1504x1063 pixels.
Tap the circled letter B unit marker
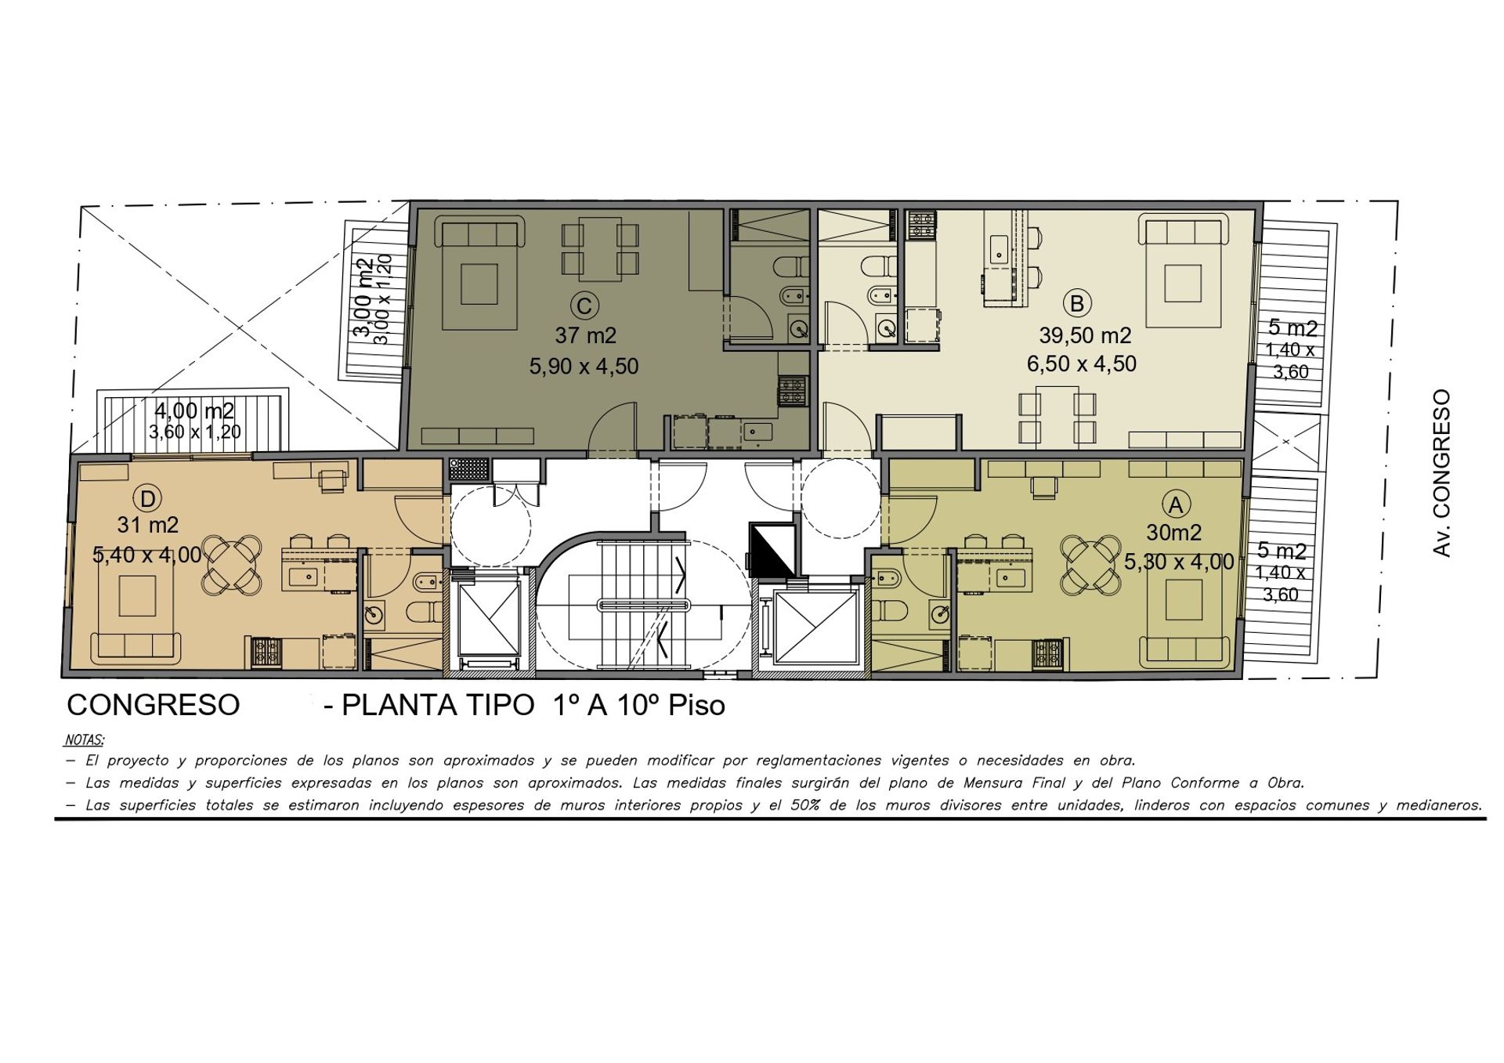click(1077, 303)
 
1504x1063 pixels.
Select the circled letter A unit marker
click(1175, 504)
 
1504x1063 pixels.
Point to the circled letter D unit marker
click(147, 497)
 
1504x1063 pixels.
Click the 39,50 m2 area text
click(1085, 336)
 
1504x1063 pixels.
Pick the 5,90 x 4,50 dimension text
click(584, 366)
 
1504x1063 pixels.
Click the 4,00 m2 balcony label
click(194, 410)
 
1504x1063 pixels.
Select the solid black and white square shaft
click(772, 549)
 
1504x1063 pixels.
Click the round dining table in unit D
click(233, 563)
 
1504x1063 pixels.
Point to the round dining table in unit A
click(1090, 563)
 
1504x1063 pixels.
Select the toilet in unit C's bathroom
click(790, 267)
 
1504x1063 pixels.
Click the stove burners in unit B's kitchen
click(921, 225)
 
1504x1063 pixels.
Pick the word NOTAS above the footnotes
click(84, 739)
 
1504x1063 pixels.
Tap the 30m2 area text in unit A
click(1173, 533)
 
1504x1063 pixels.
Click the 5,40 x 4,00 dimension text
click(147, 555)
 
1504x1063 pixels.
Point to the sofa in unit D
click(137, 646)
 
